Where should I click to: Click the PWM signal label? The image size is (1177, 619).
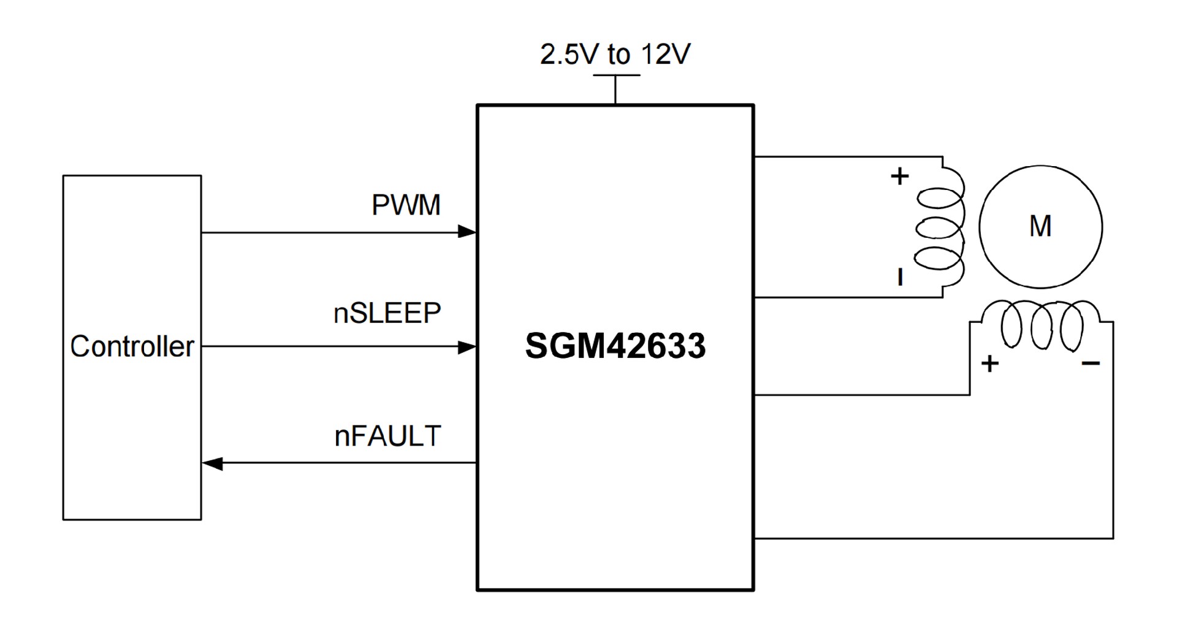click(x=406, y=205)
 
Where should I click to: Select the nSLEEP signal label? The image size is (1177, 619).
click(x=387, y=313)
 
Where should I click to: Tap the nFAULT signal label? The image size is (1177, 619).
click(x=387, y=436)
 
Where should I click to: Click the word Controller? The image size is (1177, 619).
click(x=132, y=347)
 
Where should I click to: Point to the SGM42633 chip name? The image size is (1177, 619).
click(x=615, y=346)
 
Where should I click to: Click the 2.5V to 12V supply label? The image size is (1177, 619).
click(x=615, y=55)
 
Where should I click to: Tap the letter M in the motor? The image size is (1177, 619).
click(x=1040, y=227)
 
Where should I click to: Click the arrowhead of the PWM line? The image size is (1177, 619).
click(x=467, y=232)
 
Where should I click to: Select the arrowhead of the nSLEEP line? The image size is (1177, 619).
click(x=467, y=347)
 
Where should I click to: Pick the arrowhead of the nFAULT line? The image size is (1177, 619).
click(x=212, y=463)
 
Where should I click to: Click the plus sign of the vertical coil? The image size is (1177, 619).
click(x=899, y=177)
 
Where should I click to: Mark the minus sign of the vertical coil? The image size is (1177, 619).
click(x=899, y=278)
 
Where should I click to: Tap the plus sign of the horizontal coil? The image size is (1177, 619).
click(x=989, y=364)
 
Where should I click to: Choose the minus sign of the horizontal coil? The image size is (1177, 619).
click(x=1091, y=364)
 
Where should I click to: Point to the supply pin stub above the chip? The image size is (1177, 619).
click(x=615, y=89)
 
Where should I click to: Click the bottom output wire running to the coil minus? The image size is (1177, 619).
click(x=932, y=539)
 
